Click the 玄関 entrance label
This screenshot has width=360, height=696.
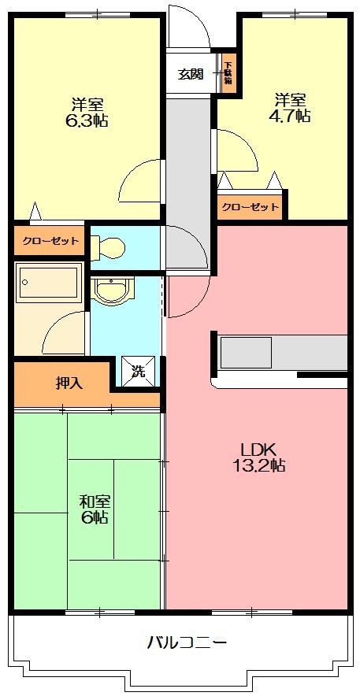pyautogui.click(x=190, y=74)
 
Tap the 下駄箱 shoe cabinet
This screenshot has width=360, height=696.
pyautogui.click(x=228, y=72)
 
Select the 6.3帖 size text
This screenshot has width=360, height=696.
pyautogui.click(x=88, y=120)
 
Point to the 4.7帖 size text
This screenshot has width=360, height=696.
pyautogui.click(x=291, y=116)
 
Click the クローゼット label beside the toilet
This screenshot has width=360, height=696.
pyautogui.click(x=50, y=241)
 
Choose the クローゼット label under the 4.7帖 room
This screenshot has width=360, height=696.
pyautogui.click(x=250, y=207)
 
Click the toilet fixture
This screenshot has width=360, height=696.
pyautogui.click(x=109, y=247)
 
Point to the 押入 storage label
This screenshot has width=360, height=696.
pyautogui.click(x=69, y=383)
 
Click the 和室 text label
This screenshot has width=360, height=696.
pyautogui.click(x=95, y=502)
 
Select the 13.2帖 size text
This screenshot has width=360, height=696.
pyautogui.click(x=258, y=465)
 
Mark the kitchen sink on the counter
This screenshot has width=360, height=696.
pyautogui.click(x=246, y=352)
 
